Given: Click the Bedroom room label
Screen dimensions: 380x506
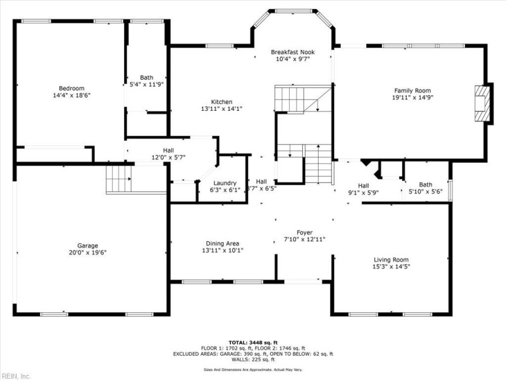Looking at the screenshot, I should point(71,88).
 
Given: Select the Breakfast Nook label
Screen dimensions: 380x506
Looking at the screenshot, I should point(293,52).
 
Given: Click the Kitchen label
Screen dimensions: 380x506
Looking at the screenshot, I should point(221,101).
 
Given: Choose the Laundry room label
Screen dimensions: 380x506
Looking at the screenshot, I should point(225,182).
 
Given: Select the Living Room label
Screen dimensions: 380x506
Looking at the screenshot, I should point(391,260).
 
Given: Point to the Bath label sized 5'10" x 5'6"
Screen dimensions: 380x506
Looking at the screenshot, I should point(425,185).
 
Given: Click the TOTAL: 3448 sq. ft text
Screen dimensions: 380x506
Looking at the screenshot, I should point(252,342).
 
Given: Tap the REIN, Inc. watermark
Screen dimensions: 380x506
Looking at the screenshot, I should point(16,376).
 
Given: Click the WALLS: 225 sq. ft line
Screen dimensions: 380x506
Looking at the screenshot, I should point(252,360).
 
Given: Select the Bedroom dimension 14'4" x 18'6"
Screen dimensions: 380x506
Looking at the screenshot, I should point(71,95).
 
